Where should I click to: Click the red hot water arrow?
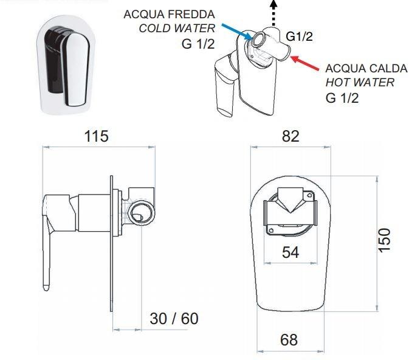point(304,63)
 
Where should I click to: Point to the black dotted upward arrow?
point(273,13)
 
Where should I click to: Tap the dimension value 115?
point(96,136)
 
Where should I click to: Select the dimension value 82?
point(290,136)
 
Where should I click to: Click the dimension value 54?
point(290,252)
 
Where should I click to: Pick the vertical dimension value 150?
point(385,240)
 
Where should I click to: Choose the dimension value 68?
point(289,340)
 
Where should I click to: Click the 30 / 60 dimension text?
point(174,319)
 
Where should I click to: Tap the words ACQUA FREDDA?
point(170,15)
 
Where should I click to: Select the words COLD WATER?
point(177,28)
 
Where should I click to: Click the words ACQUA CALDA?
point(366,68)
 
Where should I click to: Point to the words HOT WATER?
point(360,83)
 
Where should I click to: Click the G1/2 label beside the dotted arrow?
point(299,36)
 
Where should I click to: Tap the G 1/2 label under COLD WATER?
point(198,44)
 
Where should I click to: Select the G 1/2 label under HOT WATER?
point(342,98)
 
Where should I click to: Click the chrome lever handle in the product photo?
point(75,69)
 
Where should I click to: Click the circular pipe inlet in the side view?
point(142,212)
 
